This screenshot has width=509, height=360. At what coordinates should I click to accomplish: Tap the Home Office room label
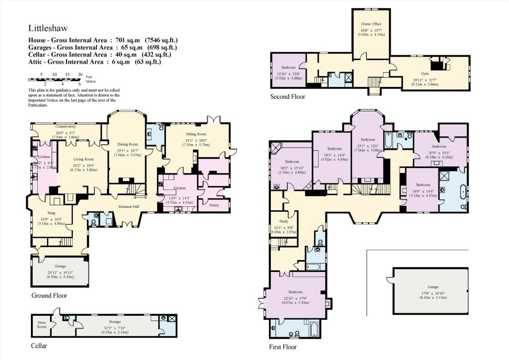371,23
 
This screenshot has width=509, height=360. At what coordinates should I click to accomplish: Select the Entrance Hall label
128,206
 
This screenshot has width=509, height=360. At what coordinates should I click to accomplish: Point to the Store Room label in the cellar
42,325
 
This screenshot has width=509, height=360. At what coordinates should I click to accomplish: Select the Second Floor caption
287,96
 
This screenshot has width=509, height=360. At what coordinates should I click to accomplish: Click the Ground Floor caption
49,295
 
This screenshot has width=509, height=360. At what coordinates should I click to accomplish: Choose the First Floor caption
282,347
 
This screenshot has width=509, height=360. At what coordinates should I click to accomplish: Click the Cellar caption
39,345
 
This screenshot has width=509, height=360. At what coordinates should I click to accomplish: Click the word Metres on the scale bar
90,82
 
